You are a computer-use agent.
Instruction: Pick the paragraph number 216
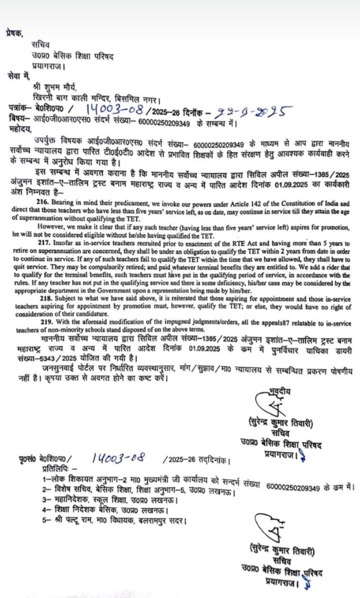[x=43, y=204]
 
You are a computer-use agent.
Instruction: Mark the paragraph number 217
[x=43, y=243]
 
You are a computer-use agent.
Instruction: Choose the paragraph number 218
[x=43, y=298]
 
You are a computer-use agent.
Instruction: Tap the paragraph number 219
[x=43, y=324]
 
